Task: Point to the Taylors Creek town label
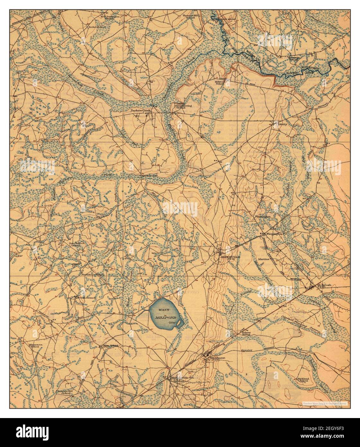tap(140, 110)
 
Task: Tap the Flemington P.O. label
tap(278, 234)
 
